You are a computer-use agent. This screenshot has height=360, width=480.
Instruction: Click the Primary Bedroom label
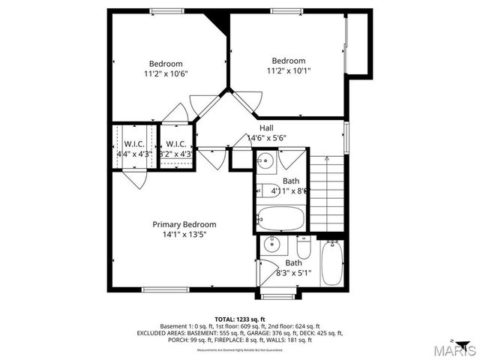pyautogui.click(x=184, y=224)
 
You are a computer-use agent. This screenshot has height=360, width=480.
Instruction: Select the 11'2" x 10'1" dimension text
pyautogui.click(x=288, y=71)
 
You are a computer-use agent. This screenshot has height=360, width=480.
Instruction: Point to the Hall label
pyautogui.click(x=266, y=128)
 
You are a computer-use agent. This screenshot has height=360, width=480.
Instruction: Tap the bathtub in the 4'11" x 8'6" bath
pyautogui.click(x=280, y=220)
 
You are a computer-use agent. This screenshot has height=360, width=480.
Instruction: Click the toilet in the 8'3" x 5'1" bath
pyautogui.click(x=303, y=247)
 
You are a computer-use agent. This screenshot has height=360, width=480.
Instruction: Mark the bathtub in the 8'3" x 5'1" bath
pyautogui.click(x=331, y=263)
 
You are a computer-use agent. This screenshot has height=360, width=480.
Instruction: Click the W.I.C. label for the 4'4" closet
pyautogui.click(x=134, y=144)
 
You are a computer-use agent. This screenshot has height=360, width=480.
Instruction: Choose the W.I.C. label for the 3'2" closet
pyautogui.click(x=175, y=144)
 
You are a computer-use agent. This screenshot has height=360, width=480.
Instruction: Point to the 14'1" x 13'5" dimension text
pyautogui.click(x=184, y=235)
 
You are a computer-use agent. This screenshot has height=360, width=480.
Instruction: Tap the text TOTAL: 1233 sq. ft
pyautogui.click(x=239, y=319)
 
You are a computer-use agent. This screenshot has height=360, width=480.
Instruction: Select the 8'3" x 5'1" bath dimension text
pyautogui.click(x=293, y=273)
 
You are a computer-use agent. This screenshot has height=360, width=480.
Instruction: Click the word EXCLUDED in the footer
pyautogui.click(x=155, y=333)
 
